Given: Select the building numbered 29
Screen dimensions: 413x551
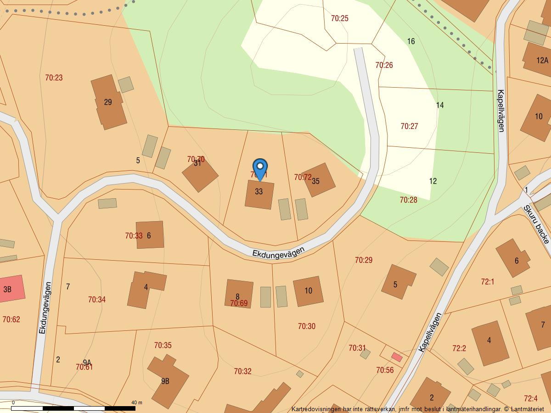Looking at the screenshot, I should (108, 102).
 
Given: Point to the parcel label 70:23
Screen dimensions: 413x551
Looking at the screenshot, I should (54, 78).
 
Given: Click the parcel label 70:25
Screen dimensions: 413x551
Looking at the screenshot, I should (340, 18).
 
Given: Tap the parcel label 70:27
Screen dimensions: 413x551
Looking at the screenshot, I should (409, 126).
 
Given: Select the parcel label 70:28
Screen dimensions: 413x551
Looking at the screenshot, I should (408, 200).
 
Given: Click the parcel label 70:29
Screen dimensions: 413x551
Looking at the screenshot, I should (364, 260).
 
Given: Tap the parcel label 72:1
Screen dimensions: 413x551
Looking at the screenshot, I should (487, 282).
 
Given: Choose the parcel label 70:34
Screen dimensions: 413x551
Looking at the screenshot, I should (97, 300).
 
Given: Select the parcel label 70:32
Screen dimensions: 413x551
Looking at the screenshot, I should (242, 371).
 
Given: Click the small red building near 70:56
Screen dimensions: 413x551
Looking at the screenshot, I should (397, 357).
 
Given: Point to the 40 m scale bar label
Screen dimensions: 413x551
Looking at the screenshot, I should (137, 402).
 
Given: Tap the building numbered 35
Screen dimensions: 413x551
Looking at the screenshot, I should (318, 180).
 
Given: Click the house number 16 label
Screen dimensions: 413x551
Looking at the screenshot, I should (411, 41).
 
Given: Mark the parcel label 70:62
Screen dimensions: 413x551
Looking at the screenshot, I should (11, 319).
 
